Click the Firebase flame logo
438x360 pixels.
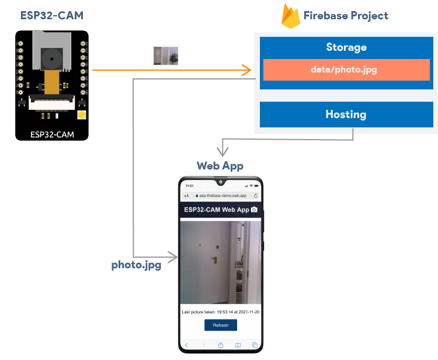[290, 16]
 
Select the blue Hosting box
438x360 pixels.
[346, 115]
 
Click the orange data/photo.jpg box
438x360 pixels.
[346, 70]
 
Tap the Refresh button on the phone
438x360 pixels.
[220, 325]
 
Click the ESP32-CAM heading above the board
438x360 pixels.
[53, 15]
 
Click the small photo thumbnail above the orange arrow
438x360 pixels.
[165, 56]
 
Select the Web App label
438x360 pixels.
[220, 166]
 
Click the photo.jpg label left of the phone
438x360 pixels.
[136, 265]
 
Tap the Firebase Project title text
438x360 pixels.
[345, 16]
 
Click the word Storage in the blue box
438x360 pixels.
[346, 47]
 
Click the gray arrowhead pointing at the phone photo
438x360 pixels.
[173, 256]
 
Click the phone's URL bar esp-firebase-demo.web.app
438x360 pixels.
[223, 196]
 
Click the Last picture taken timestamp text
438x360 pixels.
[220, 312]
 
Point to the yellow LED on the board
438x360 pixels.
[82, 115]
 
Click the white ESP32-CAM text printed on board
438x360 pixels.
[52, 135]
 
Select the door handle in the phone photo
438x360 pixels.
[215, 258]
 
